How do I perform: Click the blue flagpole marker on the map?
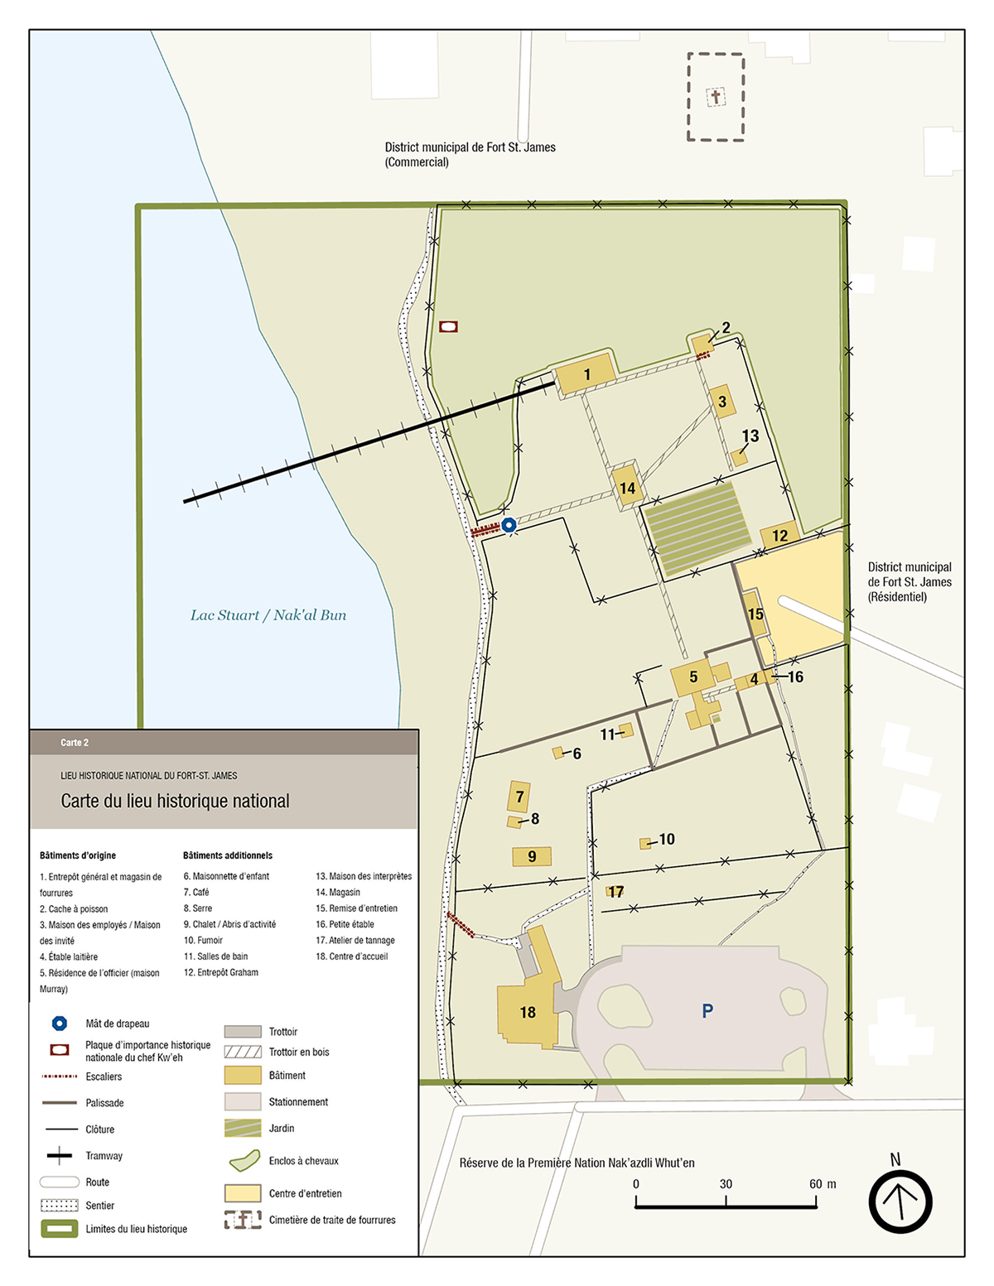[x=509, y=525]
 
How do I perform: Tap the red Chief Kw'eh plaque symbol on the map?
[x=448, y=326]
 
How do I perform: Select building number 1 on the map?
[x=586, y=374]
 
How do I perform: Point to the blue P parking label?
[x=707, y=1010]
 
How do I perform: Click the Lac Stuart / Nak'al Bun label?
[x=268, y=615]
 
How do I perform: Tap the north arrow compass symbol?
[x=900, y=1202]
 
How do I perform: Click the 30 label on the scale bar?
[x=726, y=1184]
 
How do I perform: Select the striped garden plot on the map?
[x=697, y=529]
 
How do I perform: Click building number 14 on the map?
[x=627, y=488]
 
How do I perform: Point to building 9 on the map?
[x=532, y=856]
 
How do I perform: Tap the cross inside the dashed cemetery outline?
[x=716, y=97]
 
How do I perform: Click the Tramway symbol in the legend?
[x=59, y=1156]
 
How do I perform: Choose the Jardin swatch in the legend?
[x=243, y=1129]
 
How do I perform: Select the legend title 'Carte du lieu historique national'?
[x=175, y=801]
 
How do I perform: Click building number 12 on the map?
[x=779, y=535]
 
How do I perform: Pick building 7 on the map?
[x=519, y=797]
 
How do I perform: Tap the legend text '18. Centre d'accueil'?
[x=351, y=956]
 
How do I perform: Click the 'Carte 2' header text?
[x=75, y=743]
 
